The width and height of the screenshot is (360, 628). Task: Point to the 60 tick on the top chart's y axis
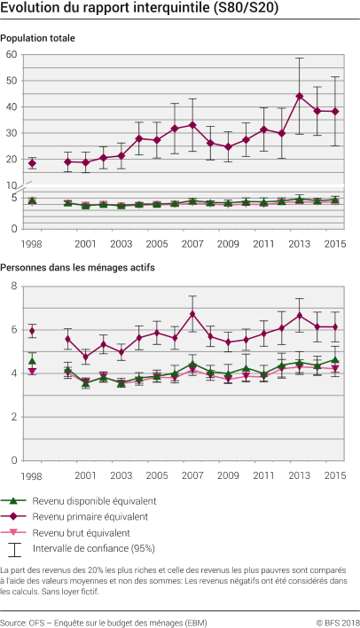(x=12, y=55)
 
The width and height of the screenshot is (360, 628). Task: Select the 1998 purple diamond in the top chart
(x=32, y=163)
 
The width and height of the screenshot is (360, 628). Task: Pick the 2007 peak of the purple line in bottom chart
(x=192, y=314)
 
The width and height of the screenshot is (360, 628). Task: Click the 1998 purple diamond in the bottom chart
(x=32, y=331)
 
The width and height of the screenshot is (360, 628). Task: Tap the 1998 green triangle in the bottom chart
(x=32, y=361)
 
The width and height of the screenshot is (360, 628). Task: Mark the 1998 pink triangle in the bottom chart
(x=32, y=372)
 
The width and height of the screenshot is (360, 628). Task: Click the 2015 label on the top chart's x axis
(x=334, y=243)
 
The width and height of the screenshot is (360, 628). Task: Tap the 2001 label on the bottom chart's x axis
(x=85, y=475)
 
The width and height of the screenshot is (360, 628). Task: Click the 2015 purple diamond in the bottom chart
(x=334, y=327)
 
